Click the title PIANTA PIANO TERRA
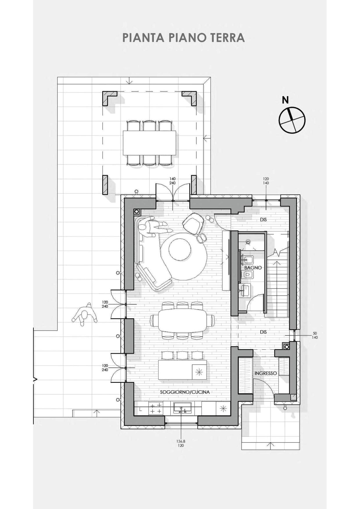tap(183, 38)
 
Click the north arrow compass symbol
tap(292, 120)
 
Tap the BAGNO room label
tap(253, 268)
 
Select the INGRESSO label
tap(266, 373)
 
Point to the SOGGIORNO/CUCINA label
tap(185, 392)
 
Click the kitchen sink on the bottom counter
tap(182, 407)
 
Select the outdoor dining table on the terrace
tap(149, 143)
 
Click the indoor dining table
tap(182, 321)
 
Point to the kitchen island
tap(182, 370)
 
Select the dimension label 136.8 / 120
tap(181, 443)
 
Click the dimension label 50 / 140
tap(315, 335)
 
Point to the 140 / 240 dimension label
tap(172, 181)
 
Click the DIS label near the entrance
tap(263, 332)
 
